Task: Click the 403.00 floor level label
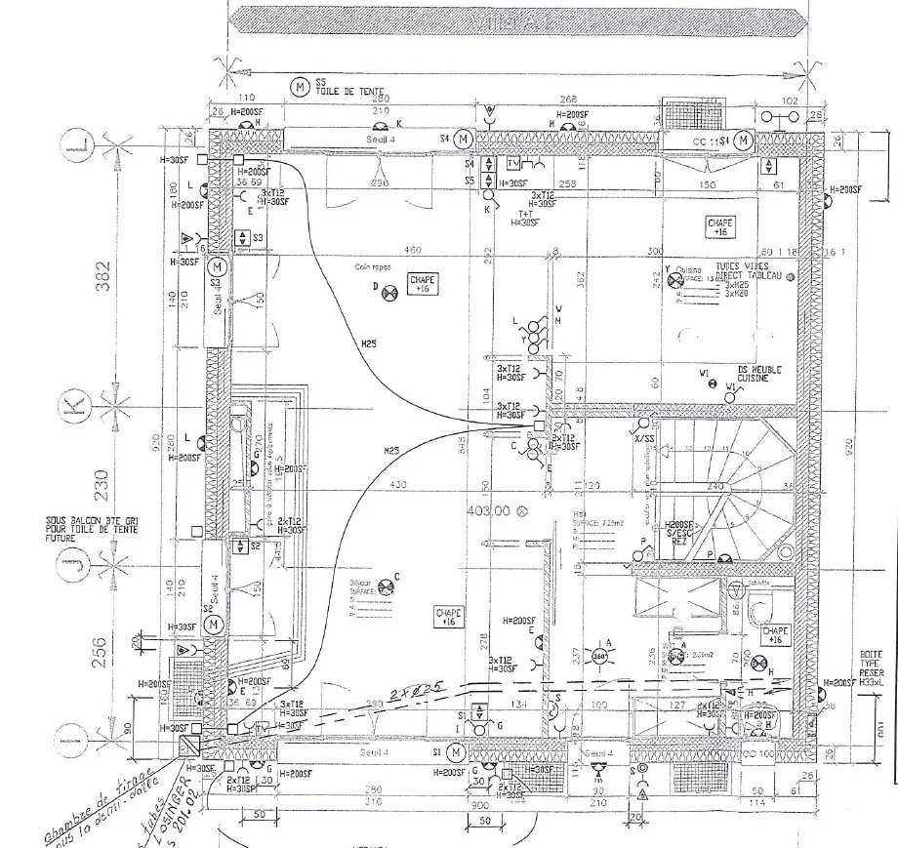coord(489,509)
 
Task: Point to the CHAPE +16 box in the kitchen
coord(720,228)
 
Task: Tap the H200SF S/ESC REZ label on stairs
coord(681,533)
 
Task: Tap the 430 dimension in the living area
coord(398,484)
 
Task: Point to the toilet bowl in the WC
coord(757,610)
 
